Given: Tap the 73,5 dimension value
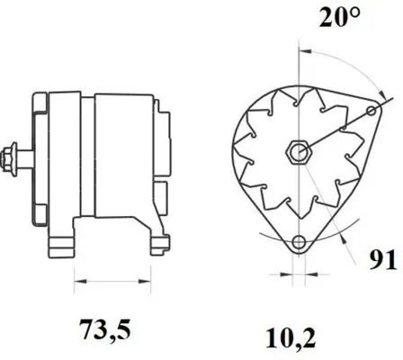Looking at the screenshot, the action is click(105, 328).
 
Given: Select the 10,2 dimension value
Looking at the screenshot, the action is click(291, 339).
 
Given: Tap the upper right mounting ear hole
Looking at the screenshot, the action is click(372, 112).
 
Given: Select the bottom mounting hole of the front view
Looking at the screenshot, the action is click(299, 242).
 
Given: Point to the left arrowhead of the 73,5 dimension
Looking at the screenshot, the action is click(80, 282).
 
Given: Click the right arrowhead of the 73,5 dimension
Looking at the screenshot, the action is click(144, 282).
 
